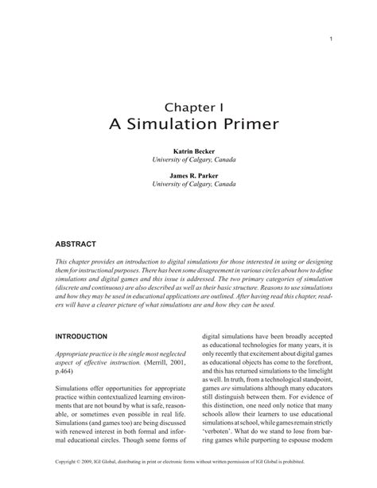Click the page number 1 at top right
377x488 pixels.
point(329,37)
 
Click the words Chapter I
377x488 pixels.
point(188,106)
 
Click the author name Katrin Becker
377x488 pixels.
point(188,150)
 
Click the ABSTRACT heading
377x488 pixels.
point(76,243)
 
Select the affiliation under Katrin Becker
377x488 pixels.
point(188,159)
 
